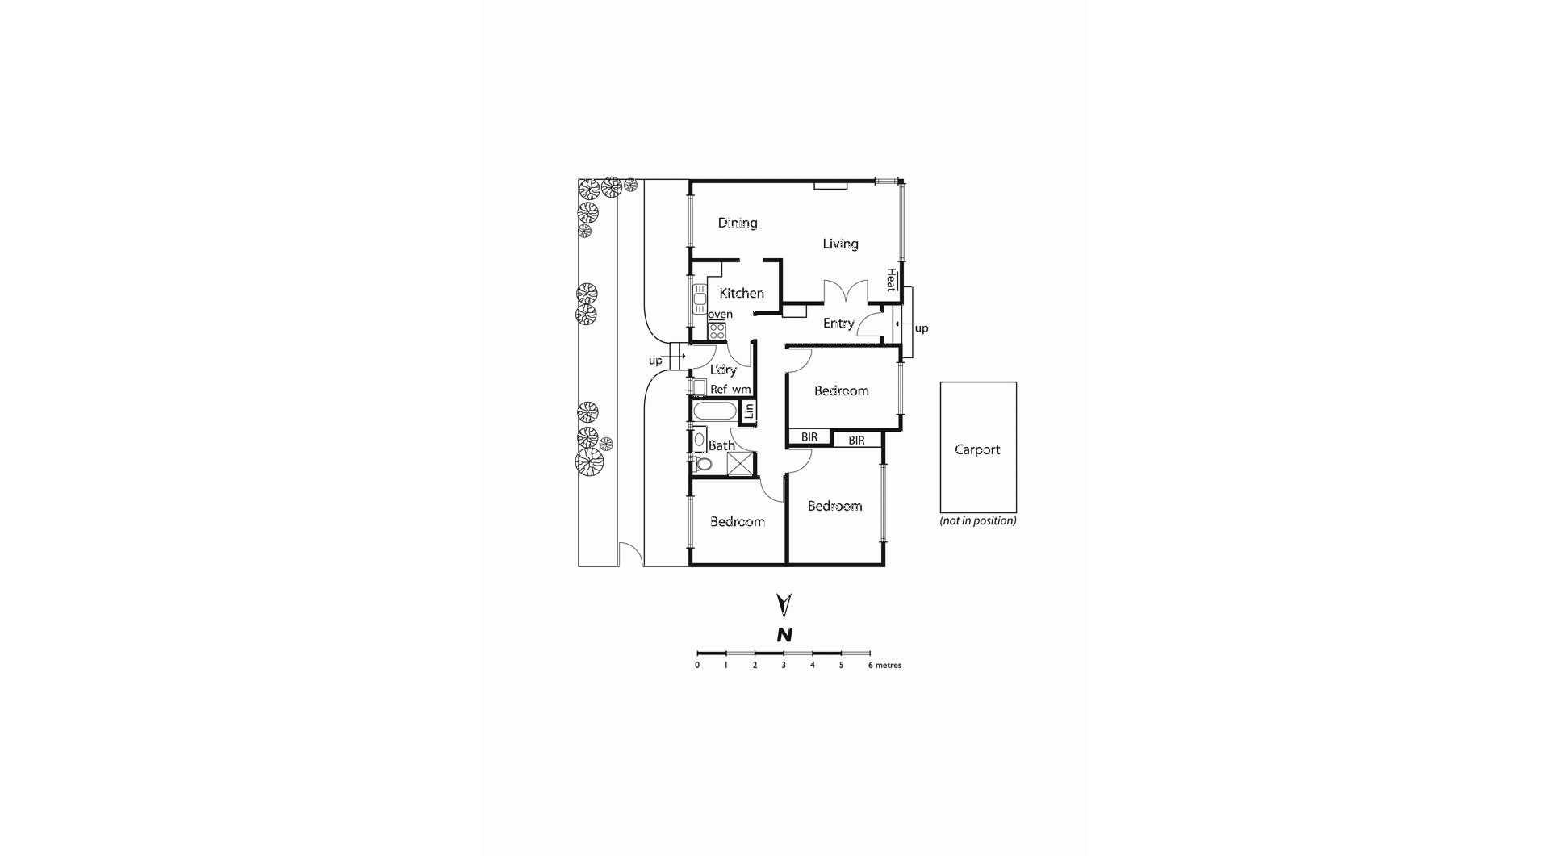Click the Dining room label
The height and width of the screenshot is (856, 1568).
pos(738,223)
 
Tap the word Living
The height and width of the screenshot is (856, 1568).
pos(840,244)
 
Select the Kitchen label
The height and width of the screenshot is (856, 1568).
pos(742,293)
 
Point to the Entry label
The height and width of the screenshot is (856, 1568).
pos(838,324)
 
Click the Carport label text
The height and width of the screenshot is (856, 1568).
pos(977,449)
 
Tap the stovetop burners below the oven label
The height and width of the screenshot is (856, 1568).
pos(717,331)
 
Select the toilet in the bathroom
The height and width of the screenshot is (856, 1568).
pos(701,464)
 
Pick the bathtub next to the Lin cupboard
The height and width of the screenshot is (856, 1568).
pos(715,411)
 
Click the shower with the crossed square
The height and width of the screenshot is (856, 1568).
pos(740,463)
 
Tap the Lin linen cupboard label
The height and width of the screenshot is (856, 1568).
pos(749,411)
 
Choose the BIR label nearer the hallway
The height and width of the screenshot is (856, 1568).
pos(809,437)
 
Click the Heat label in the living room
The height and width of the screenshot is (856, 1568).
pos(891,279)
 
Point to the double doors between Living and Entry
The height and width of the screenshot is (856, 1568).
pos(845,291)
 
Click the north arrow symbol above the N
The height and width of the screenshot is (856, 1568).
pos(784,606)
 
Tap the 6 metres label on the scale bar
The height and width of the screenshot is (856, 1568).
pos(884,666)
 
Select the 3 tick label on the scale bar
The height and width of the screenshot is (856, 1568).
pos(784,666)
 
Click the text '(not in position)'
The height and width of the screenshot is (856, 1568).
pos(978,521)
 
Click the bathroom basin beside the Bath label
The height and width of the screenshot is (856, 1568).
pos(699,441)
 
